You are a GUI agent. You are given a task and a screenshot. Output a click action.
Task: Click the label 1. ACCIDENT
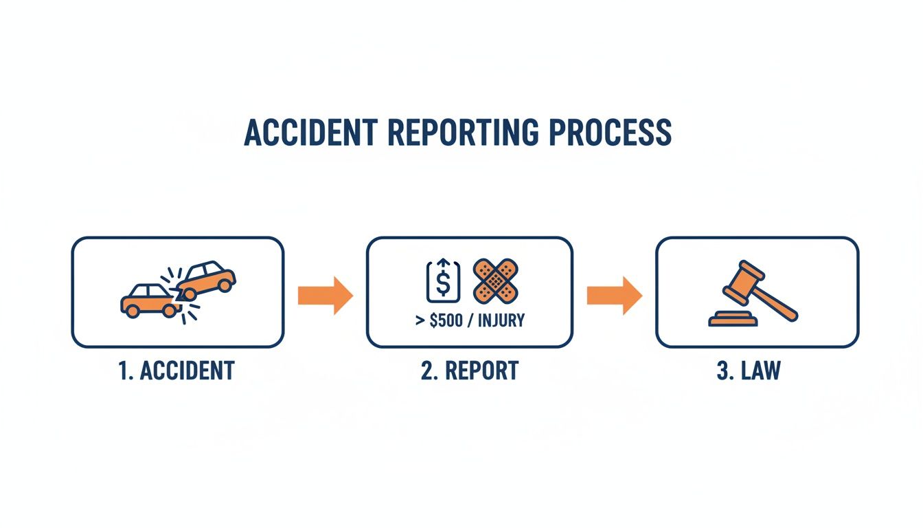(x=177, y=371)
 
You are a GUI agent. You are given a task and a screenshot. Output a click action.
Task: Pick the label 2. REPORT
(x=469, y=371)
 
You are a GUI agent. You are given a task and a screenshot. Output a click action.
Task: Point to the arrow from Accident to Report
(x=325, y=295)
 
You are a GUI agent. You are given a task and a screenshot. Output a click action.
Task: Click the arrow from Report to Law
(x=614, y=295)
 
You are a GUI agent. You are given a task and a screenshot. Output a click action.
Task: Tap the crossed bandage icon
(x=496, y=280)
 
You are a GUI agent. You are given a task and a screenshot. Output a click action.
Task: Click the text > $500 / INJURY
(x=469, y=321)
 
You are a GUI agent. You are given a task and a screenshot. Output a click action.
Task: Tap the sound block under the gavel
(x=733, y=319)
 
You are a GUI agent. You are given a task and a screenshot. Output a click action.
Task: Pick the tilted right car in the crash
(x=206, y=276)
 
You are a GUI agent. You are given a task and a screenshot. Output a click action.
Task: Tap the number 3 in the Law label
(x=722, y=371)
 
